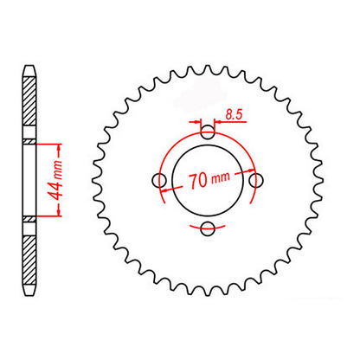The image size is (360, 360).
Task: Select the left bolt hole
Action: click(x=158, y=180)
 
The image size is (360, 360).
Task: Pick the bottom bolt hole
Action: click(x=207, y=228)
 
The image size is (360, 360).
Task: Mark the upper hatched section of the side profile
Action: click(x=30, y=104)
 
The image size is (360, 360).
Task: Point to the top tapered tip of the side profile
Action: click(x=30, y=68)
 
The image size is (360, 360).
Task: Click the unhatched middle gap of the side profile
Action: click(x=30, y=180)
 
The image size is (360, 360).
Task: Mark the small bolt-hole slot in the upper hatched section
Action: click(x=30, y=141)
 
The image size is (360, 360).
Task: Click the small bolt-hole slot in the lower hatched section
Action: click(x=30, y=220)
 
